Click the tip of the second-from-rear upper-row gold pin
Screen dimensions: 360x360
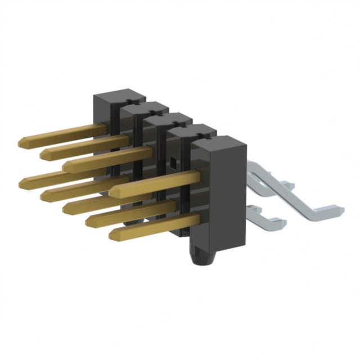coord(43,154)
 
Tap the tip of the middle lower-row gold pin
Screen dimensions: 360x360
coord(66,208)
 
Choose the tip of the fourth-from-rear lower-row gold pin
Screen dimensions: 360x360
coord(89,221)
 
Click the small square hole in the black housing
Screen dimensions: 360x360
coord(173,163)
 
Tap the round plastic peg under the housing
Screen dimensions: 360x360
coord(201,262)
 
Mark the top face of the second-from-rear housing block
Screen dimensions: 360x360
coord(145,107)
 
